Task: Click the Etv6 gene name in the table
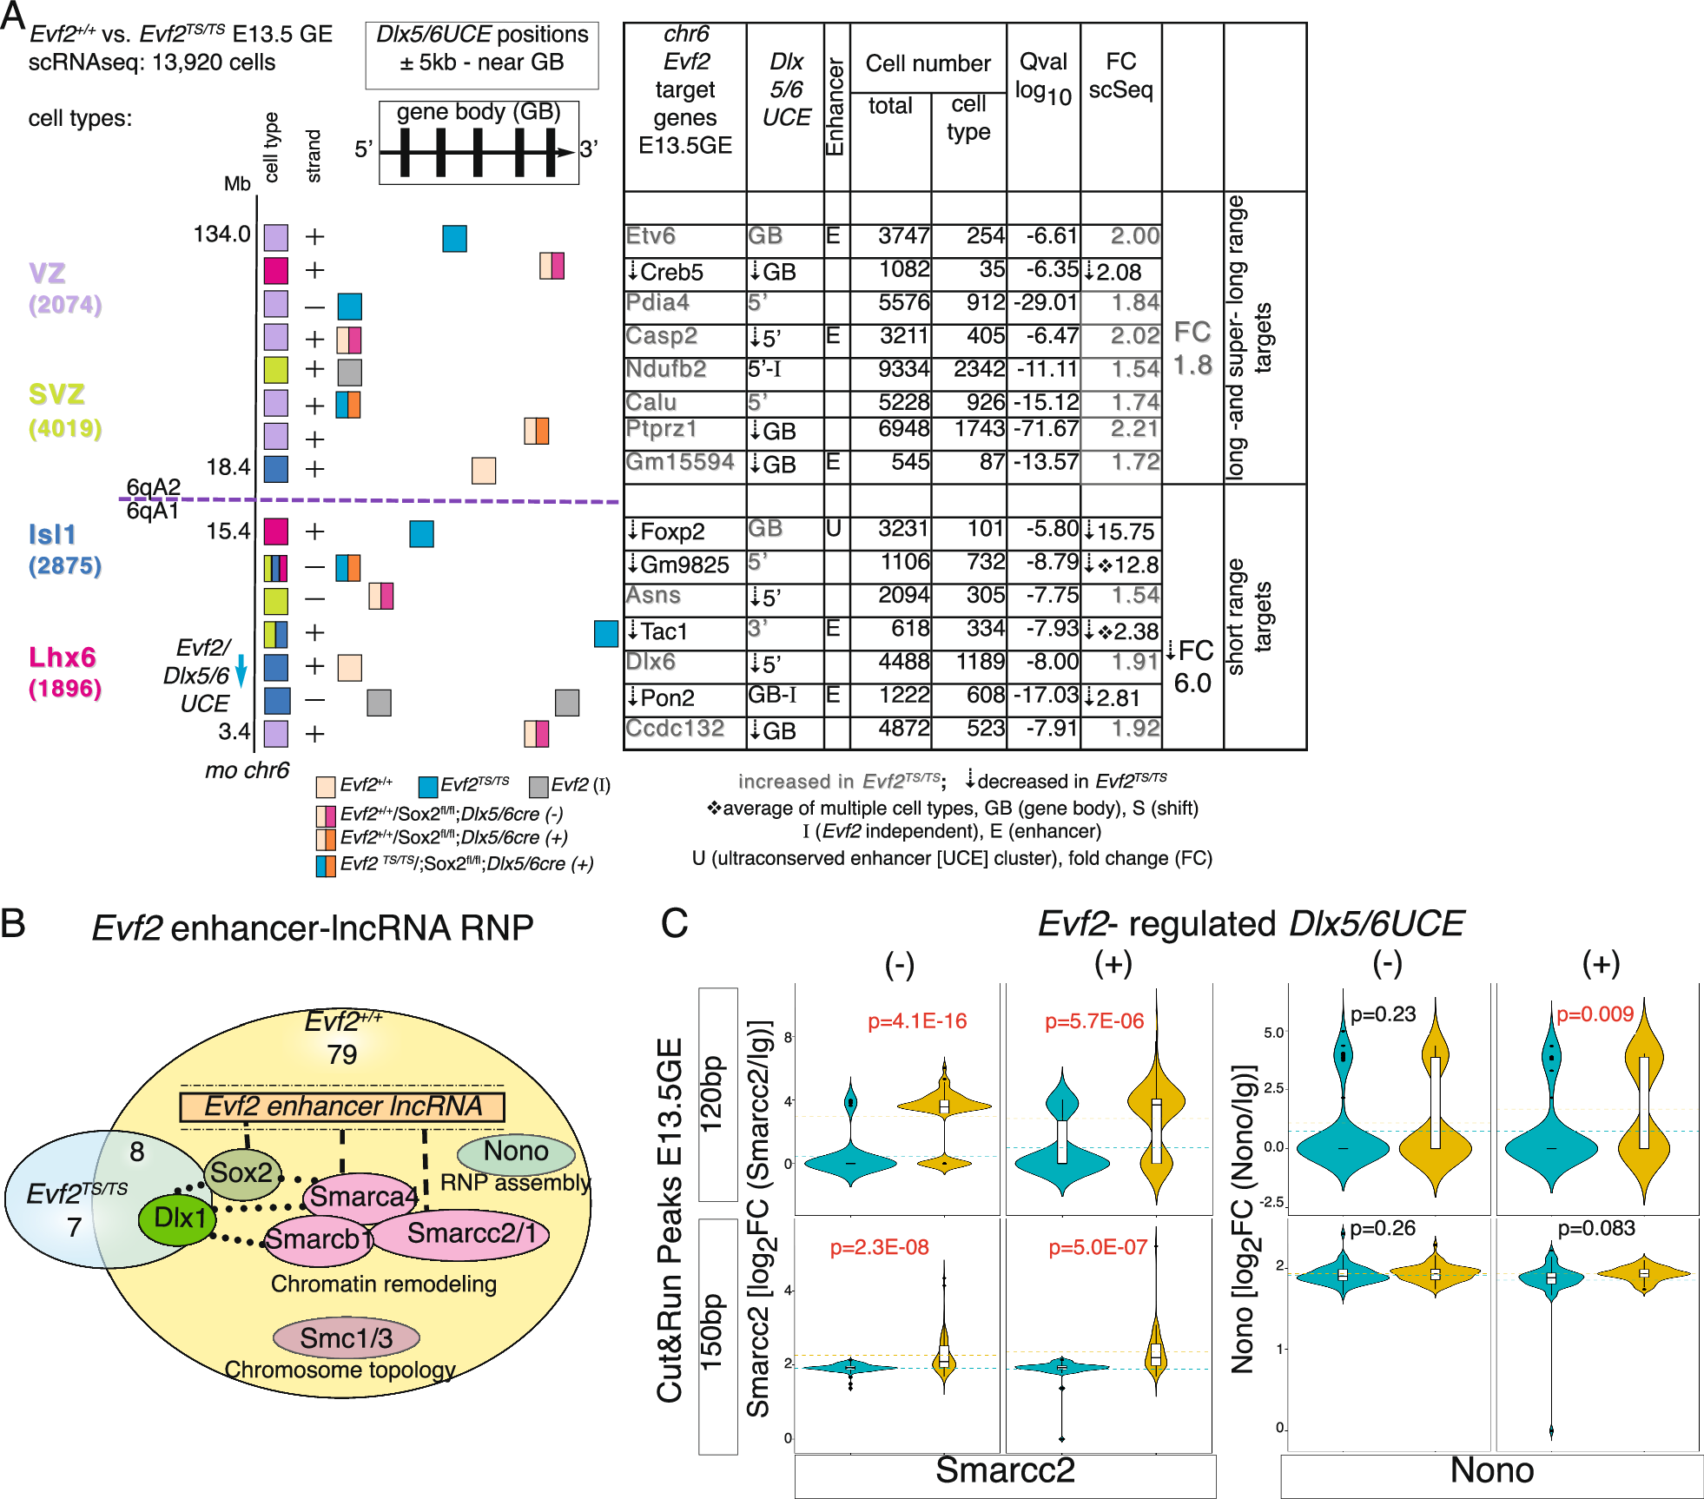click(651, 236)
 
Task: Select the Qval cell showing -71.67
click(1043, 429)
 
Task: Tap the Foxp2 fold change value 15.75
click(1125, 532)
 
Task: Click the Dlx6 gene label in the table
click(651, 662)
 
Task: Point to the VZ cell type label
click(47, 274)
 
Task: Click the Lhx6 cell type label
click(62, 657)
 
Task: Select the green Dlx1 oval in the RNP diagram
click(179, 1218)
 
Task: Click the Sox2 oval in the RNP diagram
click(242, 1172)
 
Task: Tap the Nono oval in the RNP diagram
click(516, 1152)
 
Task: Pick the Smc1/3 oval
click(346, 1338)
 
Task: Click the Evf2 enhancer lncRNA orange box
click(342, 1106)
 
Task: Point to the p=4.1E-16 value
click(917, 1021)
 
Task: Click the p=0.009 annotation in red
click(1595, 1014)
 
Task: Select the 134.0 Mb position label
click(221, 234)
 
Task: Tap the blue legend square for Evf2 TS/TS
click(427, 787)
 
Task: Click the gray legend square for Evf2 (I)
click(538, 787)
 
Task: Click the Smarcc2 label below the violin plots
click(1005, 1470)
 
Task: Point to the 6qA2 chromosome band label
click(153, 486)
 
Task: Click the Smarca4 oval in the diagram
click(363, 1197)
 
